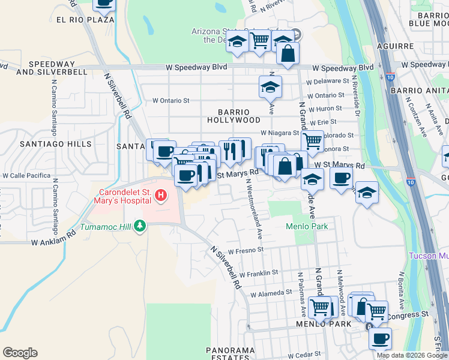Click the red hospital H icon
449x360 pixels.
(x=160, y=195)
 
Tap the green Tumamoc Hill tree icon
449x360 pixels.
(x=140, y=226)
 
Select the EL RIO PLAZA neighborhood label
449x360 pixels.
(x=85, y=20)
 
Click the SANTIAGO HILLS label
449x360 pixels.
(x=56, y=144)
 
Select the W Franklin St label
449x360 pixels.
(x=258, y=272)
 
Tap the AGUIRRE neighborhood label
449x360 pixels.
(x=396, y=46)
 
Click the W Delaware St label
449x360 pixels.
(x=327, y=80)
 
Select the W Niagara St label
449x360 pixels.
(x=279, y=133)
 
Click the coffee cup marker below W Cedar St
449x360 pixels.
(x=380, y=338)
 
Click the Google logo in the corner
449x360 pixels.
(x=20, y=353)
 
